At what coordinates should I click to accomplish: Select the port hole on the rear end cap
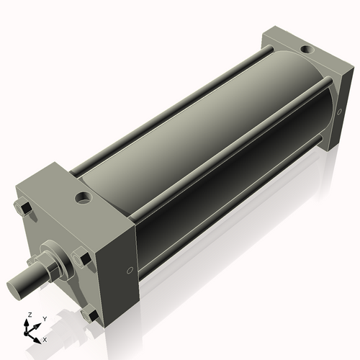click(x=308, y=50)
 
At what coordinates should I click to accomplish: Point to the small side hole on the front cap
click(x=129, y=270)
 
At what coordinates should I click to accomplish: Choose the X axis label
click(x=45, y=338)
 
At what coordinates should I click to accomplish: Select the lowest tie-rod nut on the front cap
click(x=89, y=315)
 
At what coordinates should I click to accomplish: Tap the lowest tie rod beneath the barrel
click(x=230, y=209)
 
